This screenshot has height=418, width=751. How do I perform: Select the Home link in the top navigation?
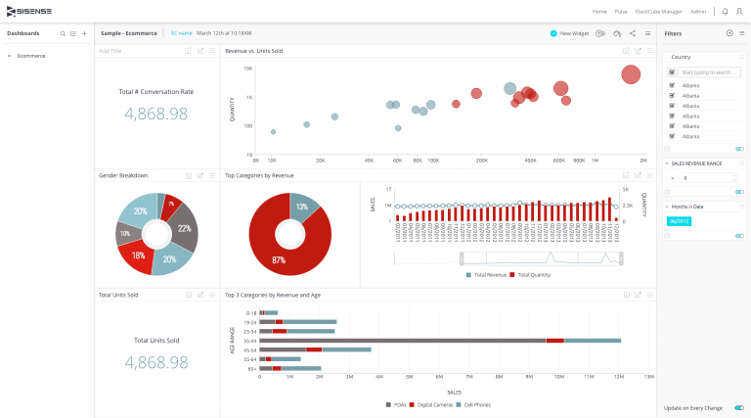599,12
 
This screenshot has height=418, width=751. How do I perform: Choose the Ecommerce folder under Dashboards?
31,56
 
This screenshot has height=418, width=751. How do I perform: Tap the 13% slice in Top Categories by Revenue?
302,208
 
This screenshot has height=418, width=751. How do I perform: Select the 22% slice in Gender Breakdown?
184,228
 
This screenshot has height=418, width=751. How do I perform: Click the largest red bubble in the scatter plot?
631,74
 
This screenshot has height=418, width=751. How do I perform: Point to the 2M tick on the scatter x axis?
642,160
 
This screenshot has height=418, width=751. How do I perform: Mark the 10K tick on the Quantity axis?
248,69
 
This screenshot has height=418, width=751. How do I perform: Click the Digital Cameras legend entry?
431,404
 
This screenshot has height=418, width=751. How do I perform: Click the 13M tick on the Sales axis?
647,376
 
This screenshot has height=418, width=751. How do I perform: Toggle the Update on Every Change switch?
739,407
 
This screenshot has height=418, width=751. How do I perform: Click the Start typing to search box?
709,72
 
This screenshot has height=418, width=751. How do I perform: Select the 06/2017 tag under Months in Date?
679,221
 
